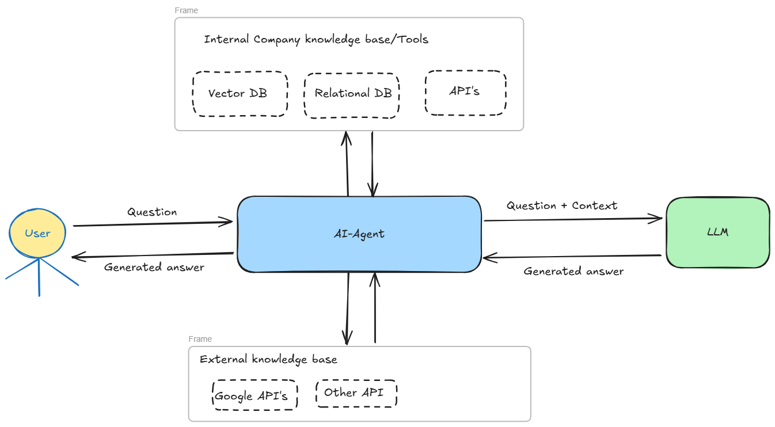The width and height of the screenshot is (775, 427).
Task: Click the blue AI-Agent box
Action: [x=359, y=234]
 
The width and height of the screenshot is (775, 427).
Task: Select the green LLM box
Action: [x=717, y=232]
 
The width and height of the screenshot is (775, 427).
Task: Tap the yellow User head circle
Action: [x=38, y=233]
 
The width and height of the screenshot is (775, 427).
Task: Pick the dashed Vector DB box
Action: [x=239, y=94]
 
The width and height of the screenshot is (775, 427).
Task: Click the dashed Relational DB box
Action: [x=352, y=95]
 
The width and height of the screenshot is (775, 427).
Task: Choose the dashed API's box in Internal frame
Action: [x=465, y=92]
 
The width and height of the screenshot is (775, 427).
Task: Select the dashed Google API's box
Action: [x=254, y=395]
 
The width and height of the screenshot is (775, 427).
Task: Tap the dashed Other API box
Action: [x=356, y=393]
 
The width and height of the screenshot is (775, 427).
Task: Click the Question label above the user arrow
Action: [x=152, y=212]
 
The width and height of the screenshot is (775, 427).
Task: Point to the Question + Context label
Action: [x=561, y=205]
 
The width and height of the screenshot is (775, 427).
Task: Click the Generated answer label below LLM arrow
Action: [x=573, y=271]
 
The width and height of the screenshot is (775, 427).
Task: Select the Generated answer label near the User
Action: [x=154, y=267]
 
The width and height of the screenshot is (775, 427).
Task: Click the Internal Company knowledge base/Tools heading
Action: [x=316, y=40]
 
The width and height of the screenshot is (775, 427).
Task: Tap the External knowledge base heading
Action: [x=268, y=360]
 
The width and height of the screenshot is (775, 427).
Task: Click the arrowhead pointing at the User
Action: [x=76, y=257]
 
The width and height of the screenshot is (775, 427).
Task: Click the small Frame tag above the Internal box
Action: [x=187, y=10]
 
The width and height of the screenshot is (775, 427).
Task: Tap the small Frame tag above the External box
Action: [x=200, y=339]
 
